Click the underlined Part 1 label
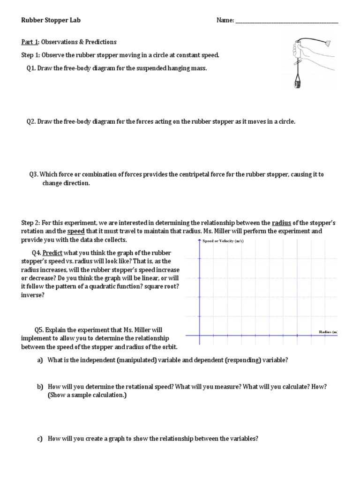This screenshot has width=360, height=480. (31, 42)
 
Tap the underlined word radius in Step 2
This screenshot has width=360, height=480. (281, 223)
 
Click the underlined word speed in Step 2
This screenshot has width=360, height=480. (76, 232)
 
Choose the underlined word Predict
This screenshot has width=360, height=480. (52, 252)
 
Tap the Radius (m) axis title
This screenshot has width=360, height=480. (328, 332)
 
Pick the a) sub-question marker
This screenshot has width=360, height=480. (39, 360)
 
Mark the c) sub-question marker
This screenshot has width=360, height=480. (39, 439)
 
